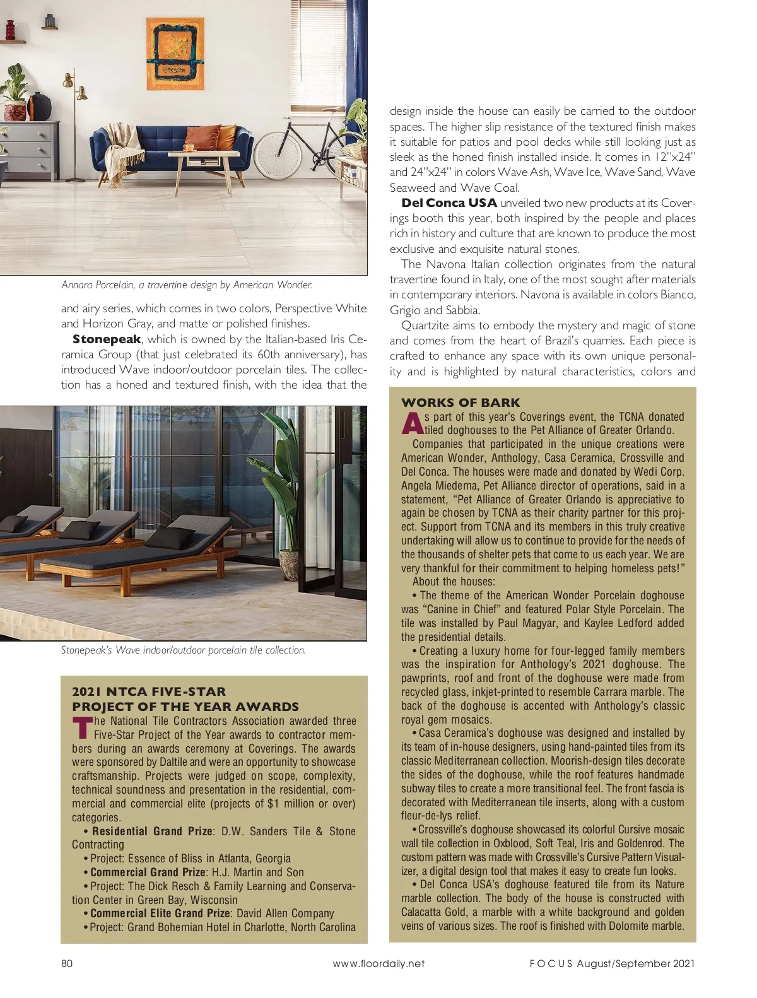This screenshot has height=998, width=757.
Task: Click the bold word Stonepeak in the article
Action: (107, 339)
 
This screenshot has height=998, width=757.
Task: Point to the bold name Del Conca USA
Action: (449, 203)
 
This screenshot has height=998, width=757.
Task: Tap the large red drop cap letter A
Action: (413, 424)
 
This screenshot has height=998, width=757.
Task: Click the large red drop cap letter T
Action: (83, 728)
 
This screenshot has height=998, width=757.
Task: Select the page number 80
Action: (67, 963)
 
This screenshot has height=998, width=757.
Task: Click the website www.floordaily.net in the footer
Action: (378, 963)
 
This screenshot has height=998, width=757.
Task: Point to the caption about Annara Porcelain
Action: (187, 285)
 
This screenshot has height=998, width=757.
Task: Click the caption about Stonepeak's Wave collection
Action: (183, 650)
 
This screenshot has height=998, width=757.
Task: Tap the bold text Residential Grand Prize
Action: (152, 831)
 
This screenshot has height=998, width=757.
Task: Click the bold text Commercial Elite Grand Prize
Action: (160, 913)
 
